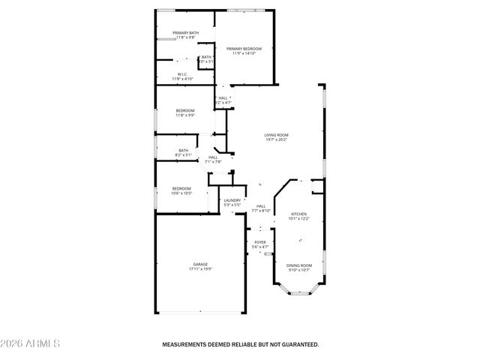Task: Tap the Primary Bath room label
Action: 185,33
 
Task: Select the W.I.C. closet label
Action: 183,73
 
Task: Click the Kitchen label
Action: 299,214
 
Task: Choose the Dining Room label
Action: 299,265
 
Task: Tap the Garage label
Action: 200,264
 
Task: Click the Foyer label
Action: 260,242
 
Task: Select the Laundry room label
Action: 232,200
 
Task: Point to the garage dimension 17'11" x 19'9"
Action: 200,269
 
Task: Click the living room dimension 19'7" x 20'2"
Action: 276,139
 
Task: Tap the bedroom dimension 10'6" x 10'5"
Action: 181,193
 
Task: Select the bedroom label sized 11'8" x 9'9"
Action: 184,110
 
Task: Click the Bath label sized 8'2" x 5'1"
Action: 183,150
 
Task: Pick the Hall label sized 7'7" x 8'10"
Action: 261,206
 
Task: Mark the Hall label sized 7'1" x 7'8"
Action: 213,157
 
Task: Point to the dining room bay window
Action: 299,292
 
